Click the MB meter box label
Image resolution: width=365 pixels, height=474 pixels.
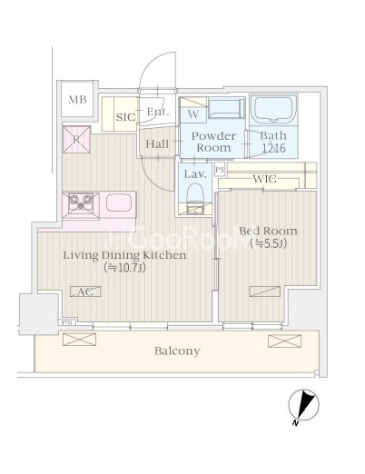[x=77, y=100]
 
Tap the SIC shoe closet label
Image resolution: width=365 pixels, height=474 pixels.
[x=125, y=117]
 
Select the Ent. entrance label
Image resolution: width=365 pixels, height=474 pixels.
[x=158, y=112]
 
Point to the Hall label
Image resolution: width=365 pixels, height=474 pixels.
[x=157, y=144]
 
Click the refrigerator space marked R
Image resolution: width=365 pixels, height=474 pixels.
[x=76, y=140]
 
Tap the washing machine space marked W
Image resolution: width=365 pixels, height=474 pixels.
[x=193, y=114]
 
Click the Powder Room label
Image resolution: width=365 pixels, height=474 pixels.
[x=213, y=142]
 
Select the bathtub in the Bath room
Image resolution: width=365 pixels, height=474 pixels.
[x=273, y=110]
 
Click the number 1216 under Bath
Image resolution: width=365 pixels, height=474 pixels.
[x=273, y=148]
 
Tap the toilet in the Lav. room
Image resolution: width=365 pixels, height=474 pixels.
[x=195, y=197]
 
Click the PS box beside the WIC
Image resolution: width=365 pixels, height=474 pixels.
[x=220, y=170]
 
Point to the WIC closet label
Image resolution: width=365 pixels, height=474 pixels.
[x=265, y=179]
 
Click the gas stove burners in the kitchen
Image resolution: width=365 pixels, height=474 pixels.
[x=81, y=202]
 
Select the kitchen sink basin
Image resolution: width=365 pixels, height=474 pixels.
[x=119, y=202]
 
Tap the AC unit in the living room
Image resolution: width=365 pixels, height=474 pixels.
[x=85, y=291]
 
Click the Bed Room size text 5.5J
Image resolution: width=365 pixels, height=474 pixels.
[x=269, y=243]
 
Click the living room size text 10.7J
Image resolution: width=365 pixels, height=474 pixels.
[x=124, y=268]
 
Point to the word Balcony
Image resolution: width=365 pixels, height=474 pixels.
[x=177, y=351]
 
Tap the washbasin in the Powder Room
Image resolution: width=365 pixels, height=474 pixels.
[x=227, y=109]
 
